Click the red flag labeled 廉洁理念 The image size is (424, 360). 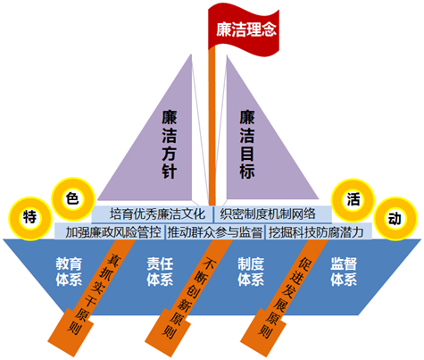244,29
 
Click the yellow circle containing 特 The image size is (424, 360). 30,218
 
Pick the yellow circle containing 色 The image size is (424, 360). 73,199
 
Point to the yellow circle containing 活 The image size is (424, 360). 353,200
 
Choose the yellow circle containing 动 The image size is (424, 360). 395,219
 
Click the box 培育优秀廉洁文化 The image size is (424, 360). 152,214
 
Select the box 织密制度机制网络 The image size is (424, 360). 273,214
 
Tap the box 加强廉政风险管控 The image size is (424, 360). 110,231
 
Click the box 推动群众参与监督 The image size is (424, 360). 215,231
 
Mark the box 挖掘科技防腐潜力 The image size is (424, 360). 319,231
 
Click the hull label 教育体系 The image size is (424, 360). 69,272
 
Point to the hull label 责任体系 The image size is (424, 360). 160,272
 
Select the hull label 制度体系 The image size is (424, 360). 251,272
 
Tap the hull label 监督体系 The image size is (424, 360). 344,272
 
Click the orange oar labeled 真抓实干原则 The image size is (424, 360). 91,297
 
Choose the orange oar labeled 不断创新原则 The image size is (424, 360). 187,297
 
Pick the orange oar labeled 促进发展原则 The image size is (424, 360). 284,297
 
